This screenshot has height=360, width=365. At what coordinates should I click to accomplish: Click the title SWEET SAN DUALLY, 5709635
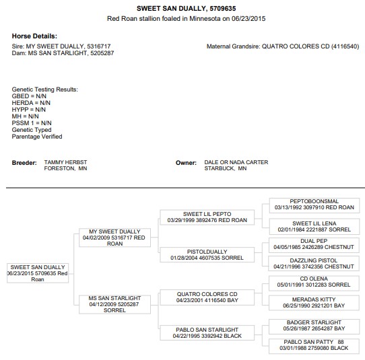(187, 8)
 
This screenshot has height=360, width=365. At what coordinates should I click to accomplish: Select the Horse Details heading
(34, 36)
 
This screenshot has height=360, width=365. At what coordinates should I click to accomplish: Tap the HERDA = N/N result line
(31, 103)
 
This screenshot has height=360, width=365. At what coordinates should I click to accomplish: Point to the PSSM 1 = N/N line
(32, 123)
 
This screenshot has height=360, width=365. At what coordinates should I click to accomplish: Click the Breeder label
(24, 163)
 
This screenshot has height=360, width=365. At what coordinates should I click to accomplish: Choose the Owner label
(186, 163)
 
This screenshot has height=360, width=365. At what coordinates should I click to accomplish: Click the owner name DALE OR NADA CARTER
(236, 162)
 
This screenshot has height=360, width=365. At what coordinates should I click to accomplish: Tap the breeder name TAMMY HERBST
(65, 162)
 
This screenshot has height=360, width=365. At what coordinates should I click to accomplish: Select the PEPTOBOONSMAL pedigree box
(314, 205)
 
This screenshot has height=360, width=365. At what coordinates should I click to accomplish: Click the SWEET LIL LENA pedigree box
(314, 227)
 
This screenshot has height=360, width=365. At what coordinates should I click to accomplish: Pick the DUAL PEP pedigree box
(314, 245)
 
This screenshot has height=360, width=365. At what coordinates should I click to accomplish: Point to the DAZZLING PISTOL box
(314, 264)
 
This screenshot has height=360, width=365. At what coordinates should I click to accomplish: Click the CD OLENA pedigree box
(314, 283)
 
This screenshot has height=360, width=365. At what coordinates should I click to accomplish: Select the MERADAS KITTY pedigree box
(314, 303)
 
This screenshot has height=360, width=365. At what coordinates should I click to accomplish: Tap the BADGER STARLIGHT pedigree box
(314, 326)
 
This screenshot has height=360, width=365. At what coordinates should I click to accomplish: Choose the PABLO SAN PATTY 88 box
(314, 347)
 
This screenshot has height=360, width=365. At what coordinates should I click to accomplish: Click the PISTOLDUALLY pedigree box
(207, 255)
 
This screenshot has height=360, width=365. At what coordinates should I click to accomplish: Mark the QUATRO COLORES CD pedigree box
(207, 297)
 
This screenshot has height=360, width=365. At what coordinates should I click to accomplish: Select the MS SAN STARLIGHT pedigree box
(114, 304)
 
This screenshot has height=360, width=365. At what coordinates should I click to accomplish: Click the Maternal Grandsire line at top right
(283, 46)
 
